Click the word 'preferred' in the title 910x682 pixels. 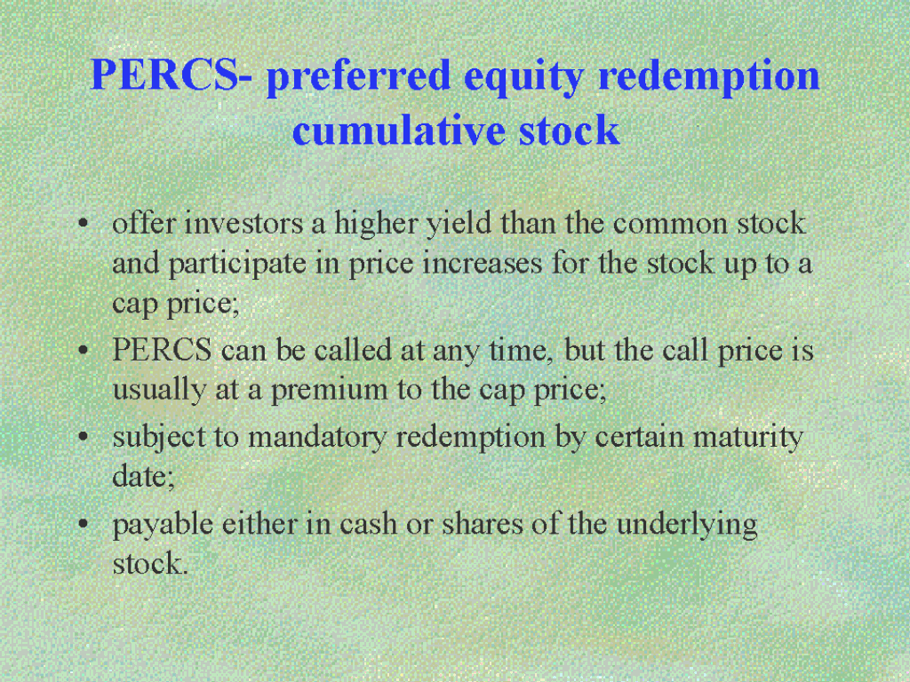coord(358,76)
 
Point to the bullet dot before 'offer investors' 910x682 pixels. coord(84,224)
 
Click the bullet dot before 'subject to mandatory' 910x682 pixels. coord(84,437)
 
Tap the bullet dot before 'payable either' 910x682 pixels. coord(84,524)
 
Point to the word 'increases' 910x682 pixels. coord(482,264)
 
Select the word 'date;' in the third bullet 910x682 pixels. coord(143,477)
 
